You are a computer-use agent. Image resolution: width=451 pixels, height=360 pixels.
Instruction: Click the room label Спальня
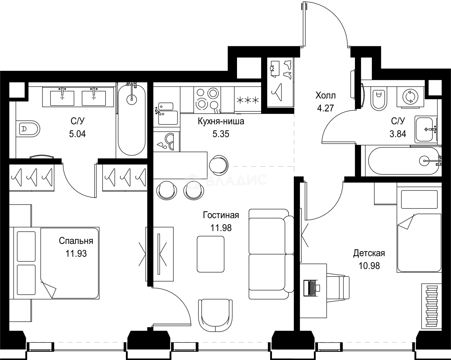point(76,241)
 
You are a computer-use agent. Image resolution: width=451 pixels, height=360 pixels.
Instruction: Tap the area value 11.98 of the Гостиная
point(221,227)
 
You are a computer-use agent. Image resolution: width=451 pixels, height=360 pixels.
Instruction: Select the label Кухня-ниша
point(221,121)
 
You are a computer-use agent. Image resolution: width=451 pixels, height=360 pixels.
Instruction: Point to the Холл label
point(325,96)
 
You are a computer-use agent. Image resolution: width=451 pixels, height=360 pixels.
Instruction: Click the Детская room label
point(369,253)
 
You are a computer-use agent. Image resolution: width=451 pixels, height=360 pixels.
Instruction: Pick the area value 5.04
point(78,134)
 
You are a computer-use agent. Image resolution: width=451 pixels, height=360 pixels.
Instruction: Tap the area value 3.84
point(398,134)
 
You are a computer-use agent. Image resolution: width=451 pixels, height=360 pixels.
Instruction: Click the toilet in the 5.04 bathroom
point(28,129)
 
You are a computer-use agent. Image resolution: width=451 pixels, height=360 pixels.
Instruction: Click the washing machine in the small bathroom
point(410,97)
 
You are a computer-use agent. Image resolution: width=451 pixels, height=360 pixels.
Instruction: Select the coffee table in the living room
point(210,254)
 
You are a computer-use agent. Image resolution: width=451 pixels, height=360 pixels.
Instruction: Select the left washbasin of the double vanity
point(62,98)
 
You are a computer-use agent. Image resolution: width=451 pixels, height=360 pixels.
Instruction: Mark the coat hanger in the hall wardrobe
point(277,88)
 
